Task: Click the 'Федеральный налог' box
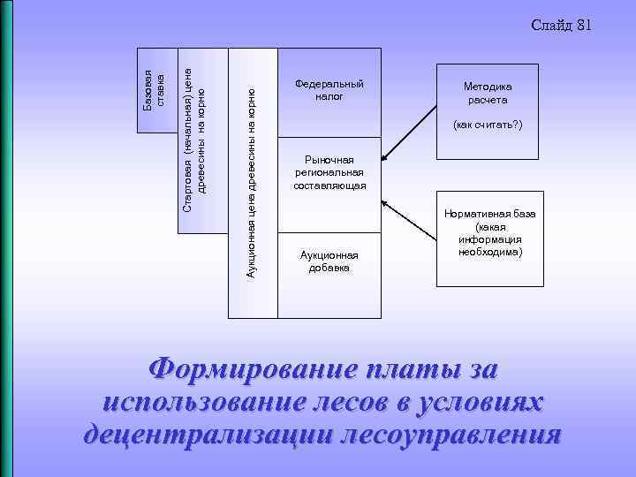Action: (329, 90)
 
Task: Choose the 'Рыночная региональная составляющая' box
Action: (329, 173)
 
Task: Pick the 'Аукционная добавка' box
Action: (329, 261)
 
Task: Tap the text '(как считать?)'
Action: (488, 125)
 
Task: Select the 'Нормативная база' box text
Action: (488, 233)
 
